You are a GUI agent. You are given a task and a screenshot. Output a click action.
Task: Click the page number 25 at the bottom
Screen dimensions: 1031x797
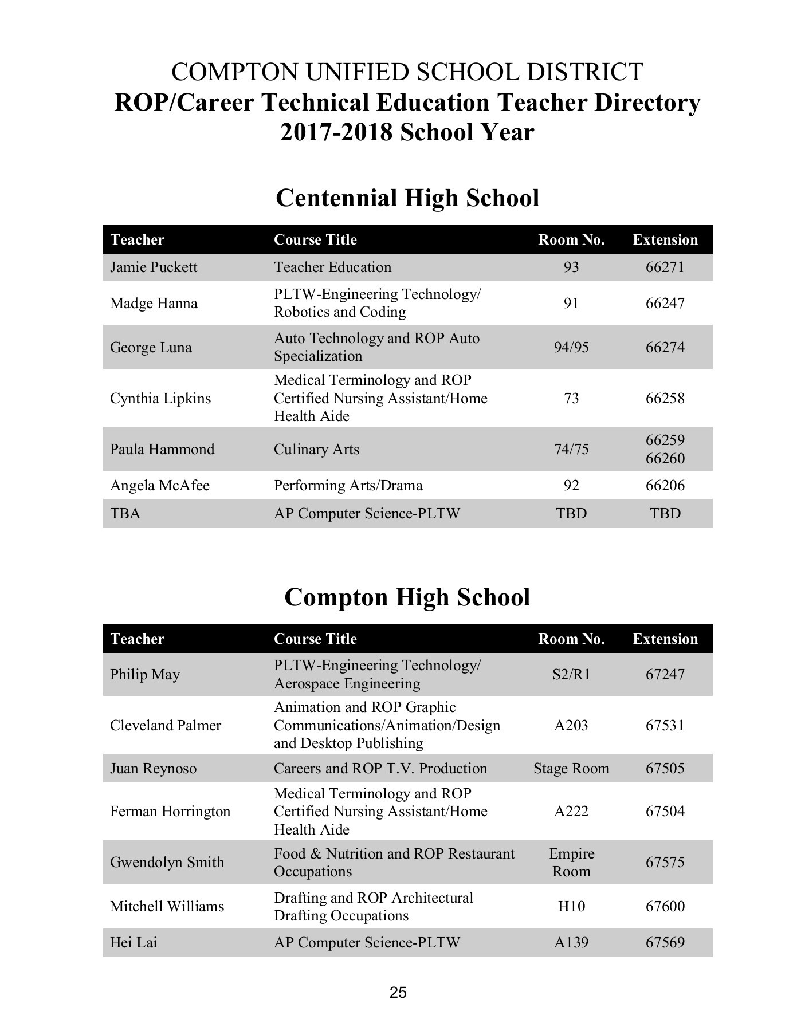pyautogui.click(x=398, y=993)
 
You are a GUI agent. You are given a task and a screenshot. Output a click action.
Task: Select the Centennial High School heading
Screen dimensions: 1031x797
pyautogui.click(x=407, y=198)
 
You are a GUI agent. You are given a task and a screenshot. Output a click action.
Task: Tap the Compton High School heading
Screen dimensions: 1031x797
pyautogui.click(x=407, y=597)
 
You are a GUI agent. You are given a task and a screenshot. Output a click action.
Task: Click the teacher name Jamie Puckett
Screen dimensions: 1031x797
pyautogui.click(x=154, y=267)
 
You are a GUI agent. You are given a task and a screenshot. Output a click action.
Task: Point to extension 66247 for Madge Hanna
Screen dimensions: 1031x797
pyautogui.click(x=665, y=303)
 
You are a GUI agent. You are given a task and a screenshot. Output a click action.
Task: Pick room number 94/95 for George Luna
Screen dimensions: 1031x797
pyautogui.click(x=571, y=347)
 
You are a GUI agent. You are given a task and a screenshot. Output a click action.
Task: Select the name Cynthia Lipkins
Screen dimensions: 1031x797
pyautogui.click(x=160, y=398)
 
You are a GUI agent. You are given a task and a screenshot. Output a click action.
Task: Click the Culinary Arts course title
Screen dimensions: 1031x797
pyautogui.click(x=316, y=449)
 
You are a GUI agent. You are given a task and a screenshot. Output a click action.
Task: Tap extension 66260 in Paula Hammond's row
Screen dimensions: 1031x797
pyautogui.click(x=665, y=458)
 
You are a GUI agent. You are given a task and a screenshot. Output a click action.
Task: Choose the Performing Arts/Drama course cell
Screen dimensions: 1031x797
pyautogui.click(x=348, y=486)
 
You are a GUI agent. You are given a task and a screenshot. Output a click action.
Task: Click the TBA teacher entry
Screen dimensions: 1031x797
pyautogui.click(x=125, y=513)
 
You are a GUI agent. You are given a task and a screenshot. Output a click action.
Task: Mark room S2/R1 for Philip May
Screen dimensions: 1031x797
pyautogui.click(x=571, y=674)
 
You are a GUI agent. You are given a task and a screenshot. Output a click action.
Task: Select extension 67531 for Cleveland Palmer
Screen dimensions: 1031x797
pyautogui.click(x=665, y=725)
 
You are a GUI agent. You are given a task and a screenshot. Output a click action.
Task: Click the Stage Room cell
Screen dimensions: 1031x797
pyautogui.click(x=571, y=768)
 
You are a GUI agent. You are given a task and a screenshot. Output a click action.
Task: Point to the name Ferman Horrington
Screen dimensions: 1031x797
pyautogui.click(x=170, y=811)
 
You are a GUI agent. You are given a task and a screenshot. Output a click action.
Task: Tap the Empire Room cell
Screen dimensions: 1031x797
pyautogui.click(x=571, y=862)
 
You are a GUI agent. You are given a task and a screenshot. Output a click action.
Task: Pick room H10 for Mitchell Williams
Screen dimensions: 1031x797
pyautogui.click(x=571, y=906)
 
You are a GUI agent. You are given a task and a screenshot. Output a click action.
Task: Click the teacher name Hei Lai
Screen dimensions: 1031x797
pyautogui.click(x=134, y=942)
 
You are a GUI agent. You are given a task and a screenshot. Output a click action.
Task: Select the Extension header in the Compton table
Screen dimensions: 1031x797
pyautogui.click(x=665, y=639)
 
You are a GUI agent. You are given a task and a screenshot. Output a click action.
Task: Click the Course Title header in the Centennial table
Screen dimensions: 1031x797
pyautogui.click(x=315, y=239)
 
